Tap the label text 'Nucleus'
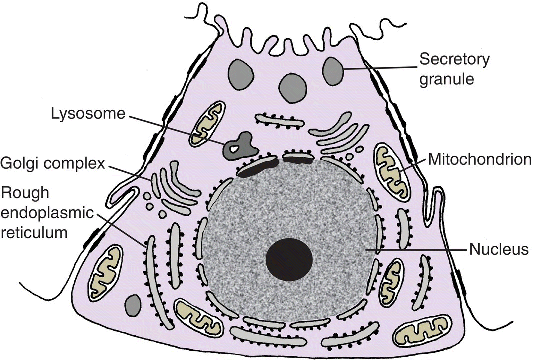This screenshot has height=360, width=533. click(498, 249)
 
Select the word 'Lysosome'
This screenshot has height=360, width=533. click(88, 114)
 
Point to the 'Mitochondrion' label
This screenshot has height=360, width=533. click(479, 160)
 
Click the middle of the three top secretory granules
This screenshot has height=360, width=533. click(293, 88)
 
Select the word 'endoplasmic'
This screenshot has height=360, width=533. click(47, 213)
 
